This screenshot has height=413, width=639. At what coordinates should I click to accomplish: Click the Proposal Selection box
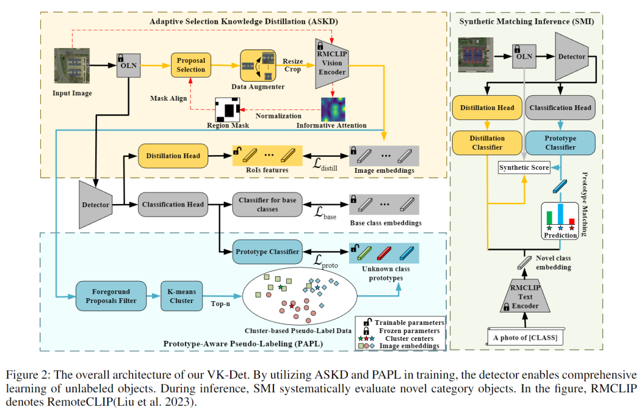click(191, 65)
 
